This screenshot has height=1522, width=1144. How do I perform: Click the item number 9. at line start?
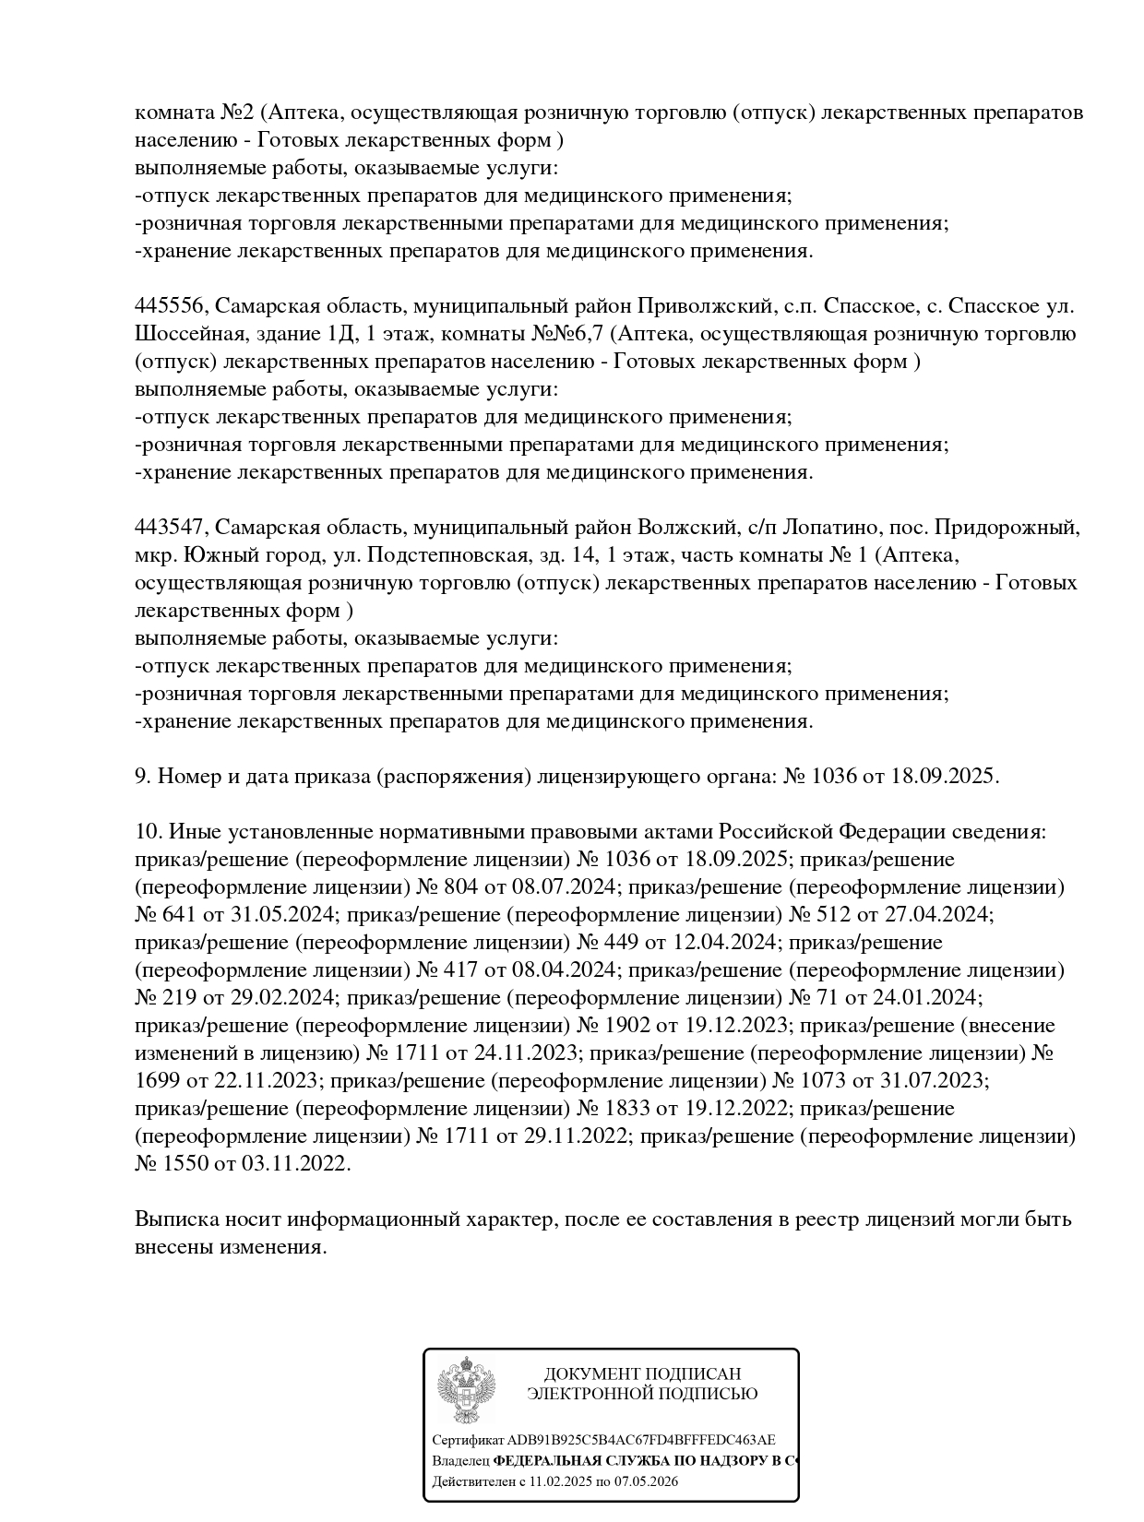(143, 777)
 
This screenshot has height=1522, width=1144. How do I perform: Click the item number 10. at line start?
(149, 832)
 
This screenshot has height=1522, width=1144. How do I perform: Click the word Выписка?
(176, 1219)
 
